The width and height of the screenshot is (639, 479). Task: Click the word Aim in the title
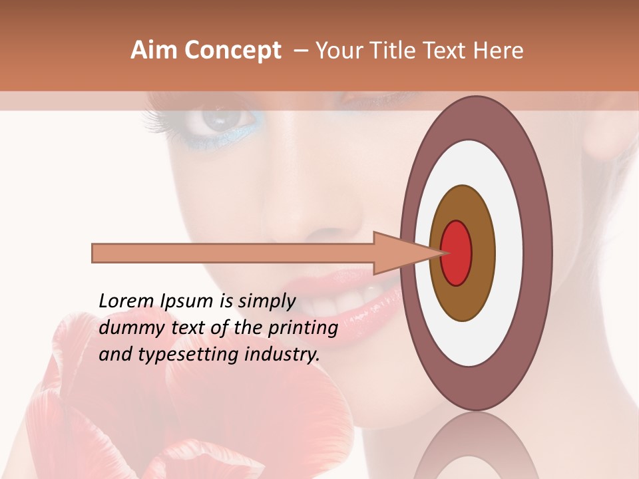tap(154, 51)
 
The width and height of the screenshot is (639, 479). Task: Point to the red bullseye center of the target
tap(457, 253)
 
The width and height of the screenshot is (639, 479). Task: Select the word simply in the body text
tap(266, 302)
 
